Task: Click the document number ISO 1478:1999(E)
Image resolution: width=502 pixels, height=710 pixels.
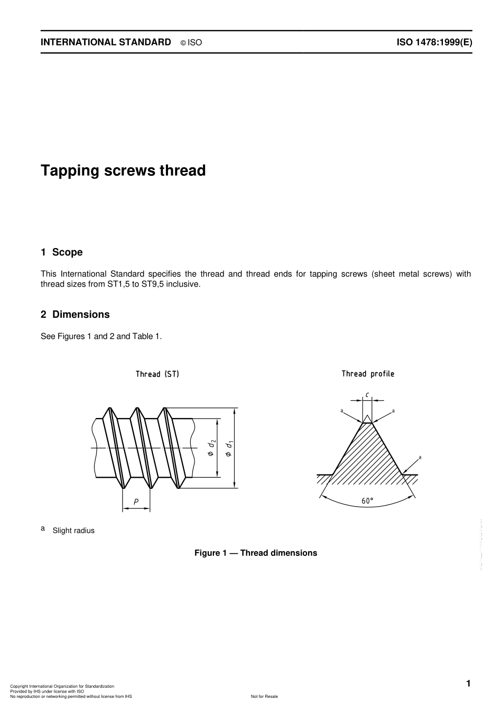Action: pos(434,42)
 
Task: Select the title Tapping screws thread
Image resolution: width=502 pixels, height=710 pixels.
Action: pos(123,171)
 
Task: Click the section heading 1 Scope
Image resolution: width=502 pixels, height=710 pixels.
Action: pos(62,252)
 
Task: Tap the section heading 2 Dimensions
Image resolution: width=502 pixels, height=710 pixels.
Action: pos(75,315)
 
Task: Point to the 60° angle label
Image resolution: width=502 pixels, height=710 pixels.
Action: pos(367,501)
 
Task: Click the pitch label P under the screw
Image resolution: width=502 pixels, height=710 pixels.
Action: pos(136,502)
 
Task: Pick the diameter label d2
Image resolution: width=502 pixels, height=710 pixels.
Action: pos(211,448)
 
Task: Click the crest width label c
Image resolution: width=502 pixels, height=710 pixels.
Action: pos(367,394)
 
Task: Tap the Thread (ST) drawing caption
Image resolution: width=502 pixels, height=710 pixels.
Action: pos(157,374)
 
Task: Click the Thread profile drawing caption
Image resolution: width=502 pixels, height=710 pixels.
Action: pos(367,374)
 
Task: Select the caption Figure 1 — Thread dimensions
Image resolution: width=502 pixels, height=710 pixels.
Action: pos(256,553)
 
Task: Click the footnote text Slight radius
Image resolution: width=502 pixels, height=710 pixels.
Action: pos(73,531)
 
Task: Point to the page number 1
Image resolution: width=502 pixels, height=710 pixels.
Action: pos(468,684)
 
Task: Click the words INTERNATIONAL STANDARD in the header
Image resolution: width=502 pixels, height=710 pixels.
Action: pos(106,42)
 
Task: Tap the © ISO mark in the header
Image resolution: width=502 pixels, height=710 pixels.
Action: pos(191,43)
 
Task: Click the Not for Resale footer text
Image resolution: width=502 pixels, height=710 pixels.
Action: pos(264,696)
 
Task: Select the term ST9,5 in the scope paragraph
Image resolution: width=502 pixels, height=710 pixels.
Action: pos(153,284)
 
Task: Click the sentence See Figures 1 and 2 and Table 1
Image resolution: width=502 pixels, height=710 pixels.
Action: pos(101,336)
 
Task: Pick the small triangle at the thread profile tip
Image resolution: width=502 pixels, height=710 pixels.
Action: pos(367,419)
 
